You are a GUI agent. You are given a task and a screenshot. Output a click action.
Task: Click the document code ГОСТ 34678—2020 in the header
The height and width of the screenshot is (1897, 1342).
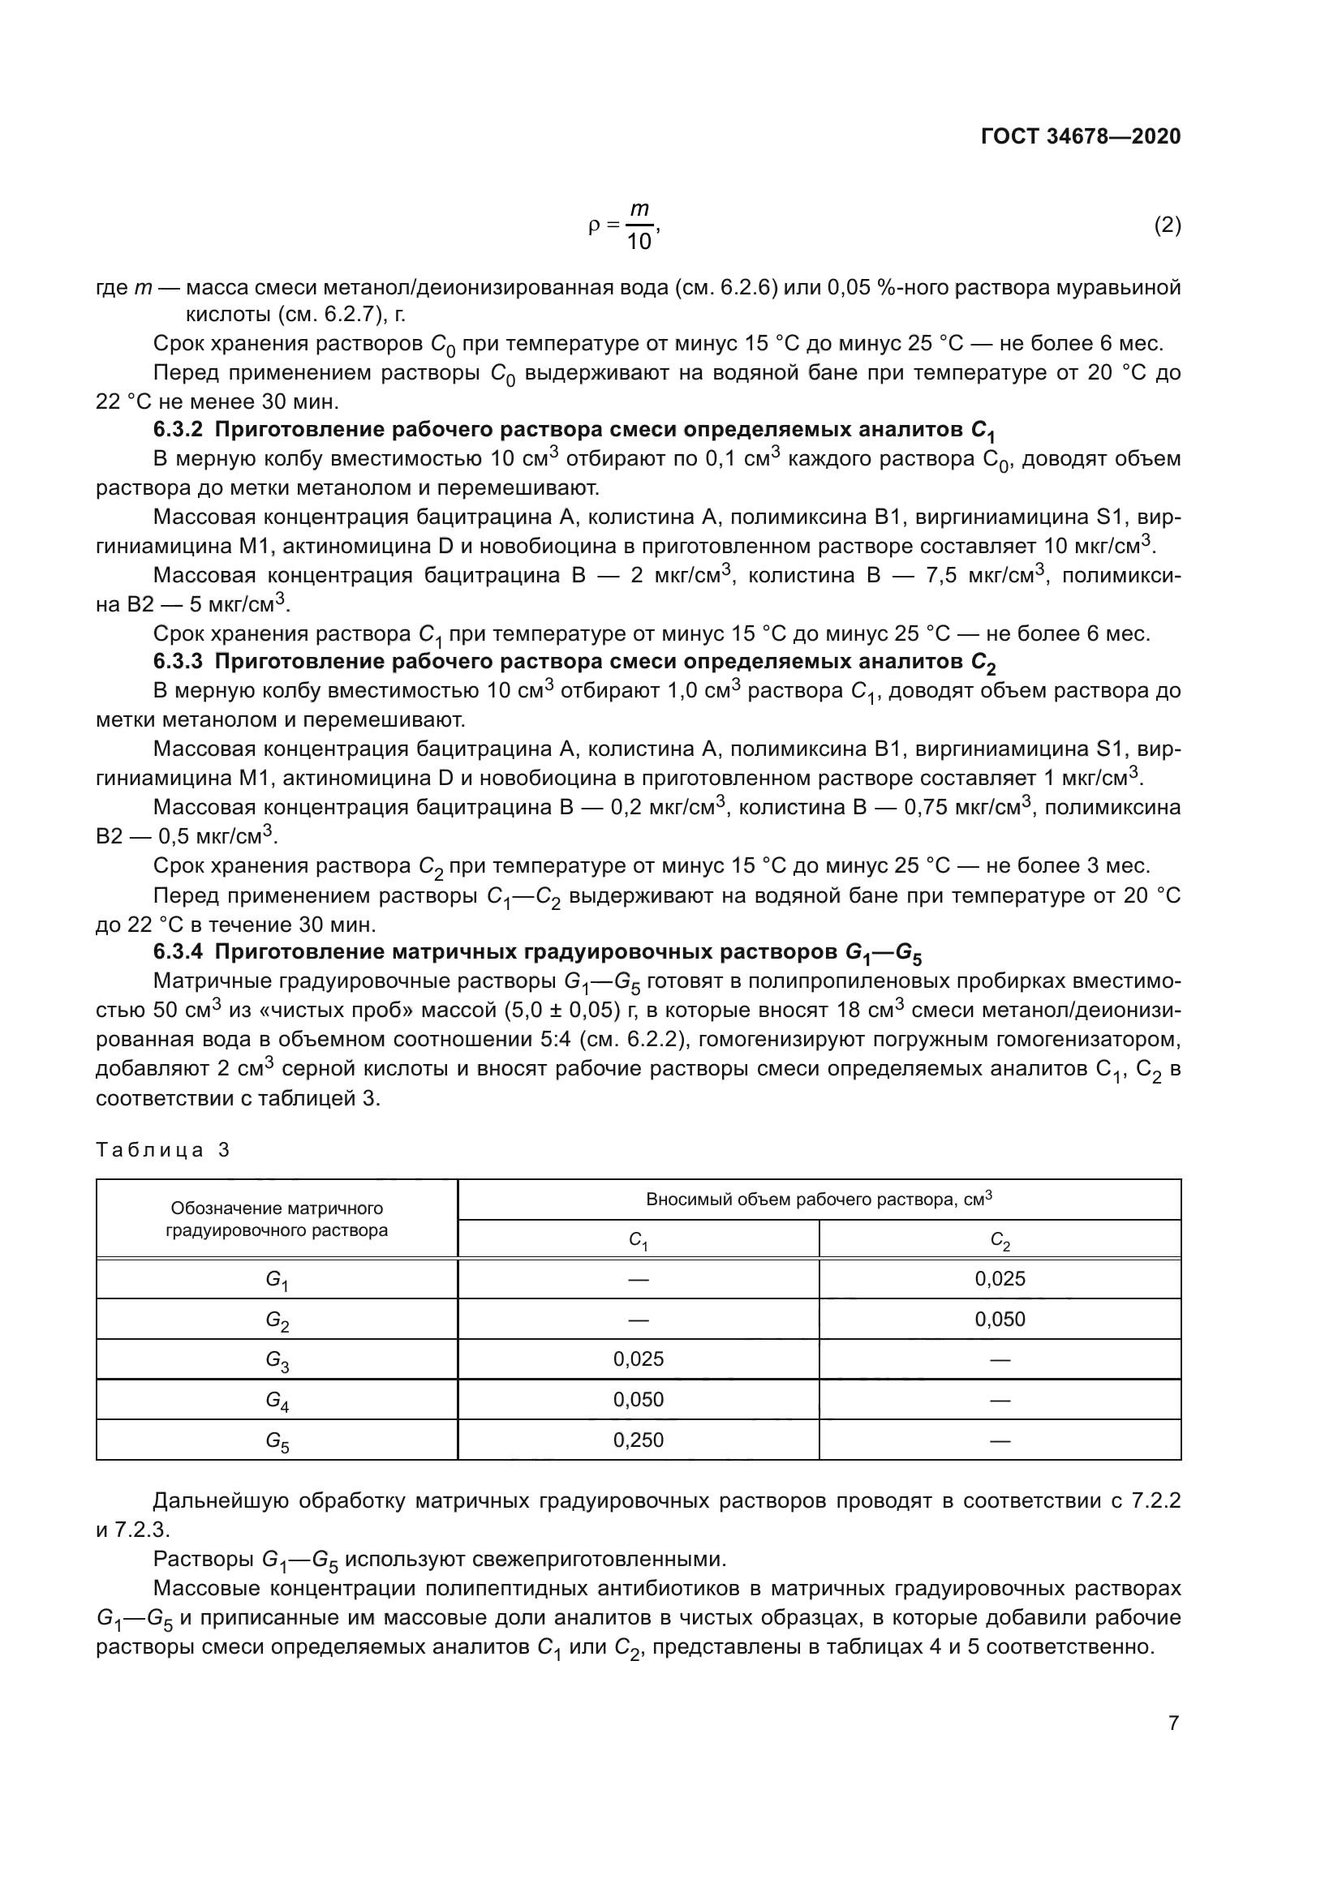(1080, 136)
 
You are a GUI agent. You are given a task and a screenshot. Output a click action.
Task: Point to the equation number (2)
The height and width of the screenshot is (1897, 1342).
(1167, 225)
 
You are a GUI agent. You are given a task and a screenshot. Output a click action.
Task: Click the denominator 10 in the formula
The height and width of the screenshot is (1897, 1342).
(639, 242)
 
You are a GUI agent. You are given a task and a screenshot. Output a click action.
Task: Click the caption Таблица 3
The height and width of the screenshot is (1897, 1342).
(163, 1150)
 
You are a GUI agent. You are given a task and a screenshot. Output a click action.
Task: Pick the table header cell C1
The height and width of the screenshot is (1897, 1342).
(638, 1240)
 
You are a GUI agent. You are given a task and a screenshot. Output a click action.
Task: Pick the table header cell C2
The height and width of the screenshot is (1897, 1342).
(999, 1240)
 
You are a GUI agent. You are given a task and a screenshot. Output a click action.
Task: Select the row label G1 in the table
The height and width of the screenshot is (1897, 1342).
(276, 1280)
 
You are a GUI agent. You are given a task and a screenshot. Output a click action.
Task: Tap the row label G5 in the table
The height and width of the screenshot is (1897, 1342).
(276, 1441)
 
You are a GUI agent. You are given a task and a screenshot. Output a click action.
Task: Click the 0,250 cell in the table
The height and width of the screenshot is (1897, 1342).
(638, 1440)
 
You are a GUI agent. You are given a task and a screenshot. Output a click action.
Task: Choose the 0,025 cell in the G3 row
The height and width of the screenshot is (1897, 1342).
(638, 1359)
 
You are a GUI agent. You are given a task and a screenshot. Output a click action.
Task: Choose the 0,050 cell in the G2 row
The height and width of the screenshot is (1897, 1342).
(999, 1320)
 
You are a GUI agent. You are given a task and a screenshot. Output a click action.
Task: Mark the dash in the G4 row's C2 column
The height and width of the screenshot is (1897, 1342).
(999, 1401)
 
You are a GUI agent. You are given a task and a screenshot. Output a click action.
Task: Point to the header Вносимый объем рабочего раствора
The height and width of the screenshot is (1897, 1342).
(818, 1200)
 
